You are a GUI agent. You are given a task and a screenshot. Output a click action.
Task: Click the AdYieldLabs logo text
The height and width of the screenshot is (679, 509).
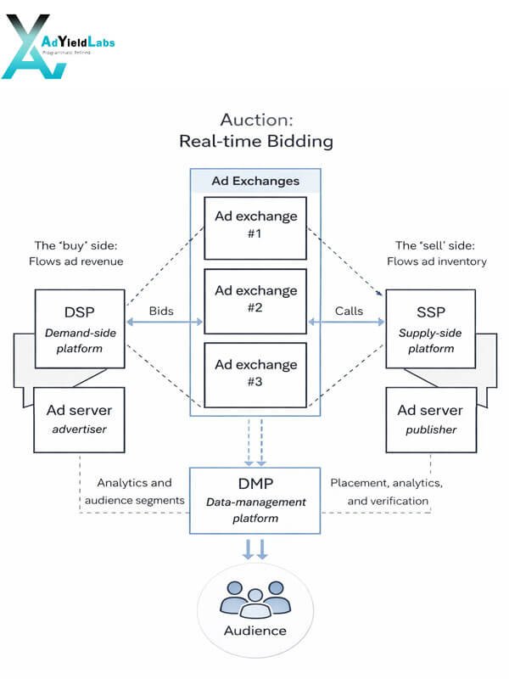pos(78,42)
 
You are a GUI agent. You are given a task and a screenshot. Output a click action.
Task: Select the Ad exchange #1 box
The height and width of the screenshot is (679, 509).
pos(255,228)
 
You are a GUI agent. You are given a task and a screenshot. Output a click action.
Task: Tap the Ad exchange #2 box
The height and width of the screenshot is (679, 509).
pos(255,301)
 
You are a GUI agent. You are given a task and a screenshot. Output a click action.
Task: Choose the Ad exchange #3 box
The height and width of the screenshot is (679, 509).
pos(255,375)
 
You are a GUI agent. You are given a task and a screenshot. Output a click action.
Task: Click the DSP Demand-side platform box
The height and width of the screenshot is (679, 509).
pos(80,329)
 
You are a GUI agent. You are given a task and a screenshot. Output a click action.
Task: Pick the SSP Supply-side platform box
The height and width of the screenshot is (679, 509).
pos(431,329)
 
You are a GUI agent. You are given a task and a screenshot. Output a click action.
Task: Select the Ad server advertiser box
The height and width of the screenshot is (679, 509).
pos(79,420)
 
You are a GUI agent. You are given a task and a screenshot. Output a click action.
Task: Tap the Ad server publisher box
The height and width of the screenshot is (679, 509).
pos(431,420)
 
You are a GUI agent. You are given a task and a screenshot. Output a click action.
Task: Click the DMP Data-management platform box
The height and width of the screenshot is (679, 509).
pos(255,501)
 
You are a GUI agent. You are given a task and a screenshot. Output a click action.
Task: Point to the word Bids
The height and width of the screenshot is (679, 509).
pos(161,311)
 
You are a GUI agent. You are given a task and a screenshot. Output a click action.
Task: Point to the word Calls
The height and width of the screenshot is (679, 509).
pos(349,311)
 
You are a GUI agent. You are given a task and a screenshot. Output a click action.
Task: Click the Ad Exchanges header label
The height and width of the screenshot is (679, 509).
pos(255,181)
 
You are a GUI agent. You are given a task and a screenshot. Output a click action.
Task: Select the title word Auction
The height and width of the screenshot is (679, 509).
pos(257,120)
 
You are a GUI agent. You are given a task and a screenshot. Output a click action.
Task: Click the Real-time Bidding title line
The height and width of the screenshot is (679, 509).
pos(256,141)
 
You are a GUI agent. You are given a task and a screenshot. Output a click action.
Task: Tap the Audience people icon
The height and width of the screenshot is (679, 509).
pos(255,599)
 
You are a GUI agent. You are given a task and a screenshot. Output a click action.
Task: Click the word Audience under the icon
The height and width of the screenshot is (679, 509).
pos(255,631)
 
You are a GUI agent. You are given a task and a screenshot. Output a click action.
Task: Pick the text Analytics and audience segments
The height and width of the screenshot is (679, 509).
pos(135,491)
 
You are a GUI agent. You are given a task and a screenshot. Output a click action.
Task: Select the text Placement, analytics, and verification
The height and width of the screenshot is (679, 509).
pos(387,492)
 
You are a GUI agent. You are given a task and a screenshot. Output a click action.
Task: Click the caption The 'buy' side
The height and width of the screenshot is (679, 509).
pos(76,245)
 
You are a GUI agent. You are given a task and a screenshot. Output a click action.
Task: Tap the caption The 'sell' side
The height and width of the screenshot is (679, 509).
pos(435,245)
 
